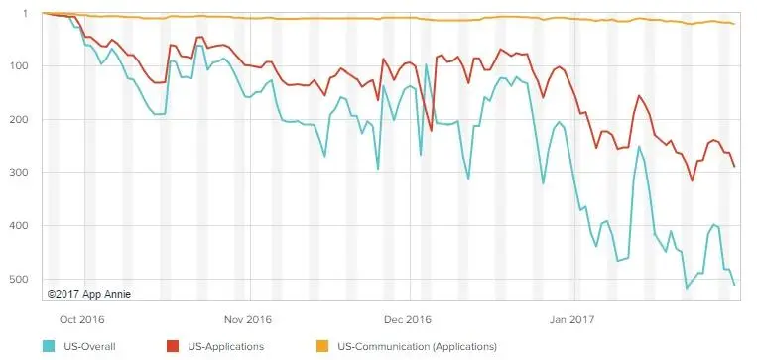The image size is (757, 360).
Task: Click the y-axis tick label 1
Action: tap(25, 14)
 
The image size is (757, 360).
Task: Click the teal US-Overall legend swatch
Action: tap(50, 346)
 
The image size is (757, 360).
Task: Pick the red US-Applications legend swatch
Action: tap(173, 346)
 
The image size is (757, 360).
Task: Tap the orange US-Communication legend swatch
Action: tap(322, 346)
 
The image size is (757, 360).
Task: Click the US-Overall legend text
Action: tap(89, 346)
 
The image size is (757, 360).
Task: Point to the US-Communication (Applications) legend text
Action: tap(417, 346)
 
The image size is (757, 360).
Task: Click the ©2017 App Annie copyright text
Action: tap(89, 294)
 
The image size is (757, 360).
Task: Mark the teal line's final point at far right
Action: tap(734, 285)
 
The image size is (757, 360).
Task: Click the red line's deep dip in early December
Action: tap(432, 130)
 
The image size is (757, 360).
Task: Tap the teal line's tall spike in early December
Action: tap(426, 64)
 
